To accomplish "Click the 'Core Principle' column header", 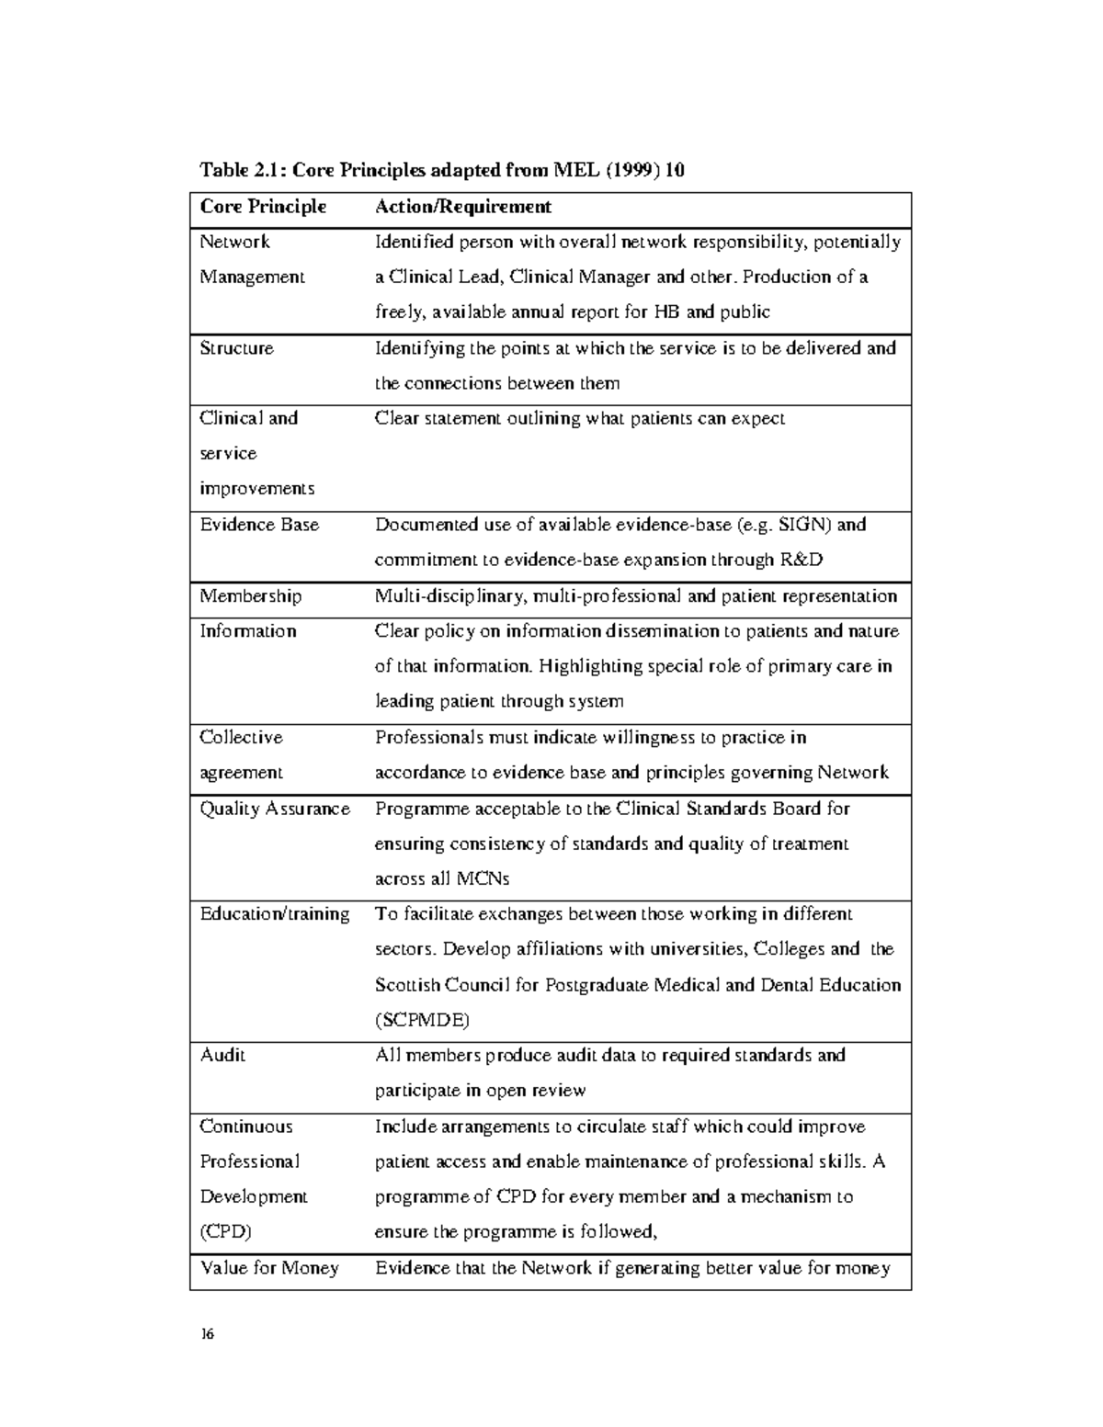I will [263, 207].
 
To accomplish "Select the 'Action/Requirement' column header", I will [462, 207].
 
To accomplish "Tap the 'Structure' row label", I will [236, 348].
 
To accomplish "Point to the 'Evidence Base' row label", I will [259, 525].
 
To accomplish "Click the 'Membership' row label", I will [250, 596].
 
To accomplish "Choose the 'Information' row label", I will [248, 631].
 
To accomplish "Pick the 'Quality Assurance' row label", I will [275, 809].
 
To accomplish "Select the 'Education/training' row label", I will [275, 914].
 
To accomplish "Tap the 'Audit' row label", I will [222, 1055].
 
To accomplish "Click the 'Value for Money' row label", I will [269, 1268].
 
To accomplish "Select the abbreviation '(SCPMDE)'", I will [422, 1020].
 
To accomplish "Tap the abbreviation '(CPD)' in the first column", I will [225, 1232].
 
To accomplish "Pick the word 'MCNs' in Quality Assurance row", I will [483, 878].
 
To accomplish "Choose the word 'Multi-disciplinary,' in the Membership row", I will [451, 596].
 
